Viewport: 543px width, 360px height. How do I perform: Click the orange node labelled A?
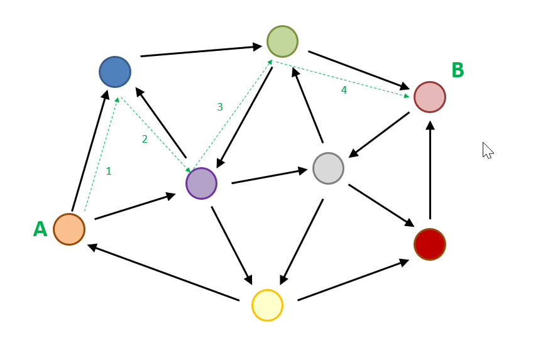(69, 229)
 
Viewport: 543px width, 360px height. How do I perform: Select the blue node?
(115, 72)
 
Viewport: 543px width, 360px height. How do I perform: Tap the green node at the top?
(282, 41)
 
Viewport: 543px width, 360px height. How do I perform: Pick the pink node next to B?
(430, 97)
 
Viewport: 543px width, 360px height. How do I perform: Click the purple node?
(201, 183)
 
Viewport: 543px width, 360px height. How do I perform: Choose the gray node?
(328, 168)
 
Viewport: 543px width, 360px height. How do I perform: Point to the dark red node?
(430, 244)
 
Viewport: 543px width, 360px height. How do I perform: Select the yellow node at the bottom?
(267, 305)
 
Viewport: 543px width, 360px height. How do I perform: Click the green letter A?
(40, 229)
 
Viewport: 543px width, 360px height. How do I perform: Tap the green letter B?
(458, 70)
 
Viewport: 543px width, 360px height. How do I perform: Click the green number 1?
(109, 171)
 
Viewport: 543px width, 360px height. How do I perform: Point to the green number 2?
(145, 139)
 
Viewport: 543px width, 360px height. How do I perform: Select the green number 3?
(220, 107)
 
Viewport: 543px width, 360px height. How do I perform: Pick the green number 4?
(344, 90)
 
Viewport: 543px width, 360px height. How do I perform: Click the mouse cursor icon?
(487, 150)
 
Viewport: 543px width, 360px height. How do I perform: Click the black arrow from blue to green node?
(201, 51)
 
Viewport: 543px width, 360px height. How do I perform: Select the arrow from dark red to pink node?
(430, 170)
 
